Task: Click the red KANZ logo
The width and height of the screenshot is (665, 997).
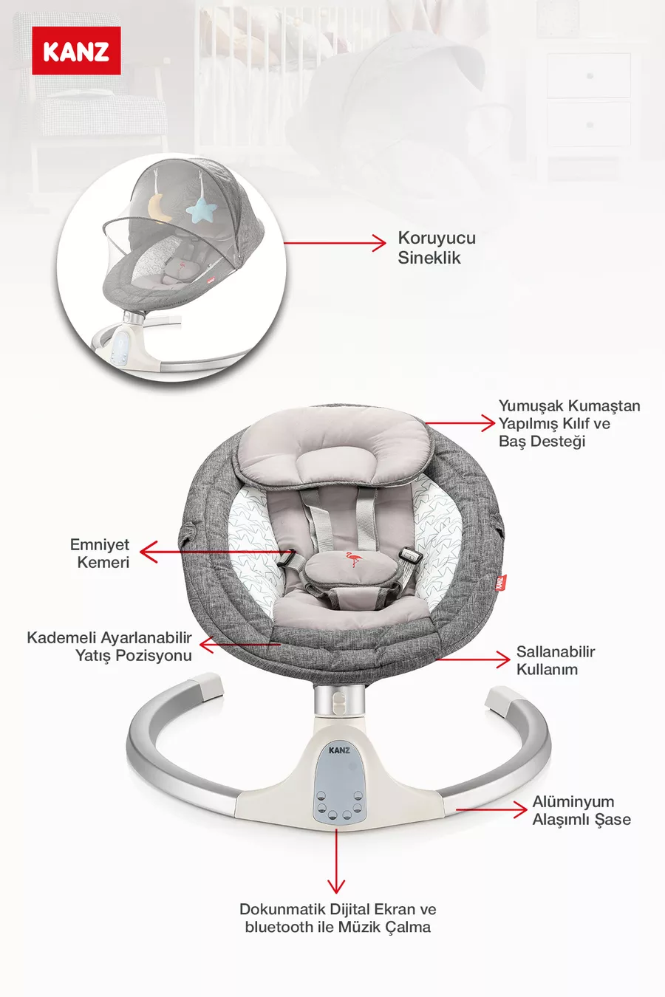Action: (x=76, y=51)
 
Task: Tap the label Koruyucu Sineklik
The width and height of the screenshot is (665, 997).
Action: (x=436, y=247)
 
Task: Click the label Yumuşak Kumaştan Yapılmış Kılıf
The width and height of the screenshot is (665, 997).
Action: (x=568, y=423)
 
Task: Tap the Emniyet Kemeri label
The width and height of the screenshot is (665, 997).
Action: (x=100, y=553)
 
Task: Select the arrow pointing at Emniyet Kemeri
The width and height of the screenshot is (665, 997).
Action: (x=214, y=551)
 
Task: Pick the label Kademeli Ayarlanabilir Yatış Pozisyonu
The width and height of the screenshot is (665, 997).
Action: (x=109, y=646)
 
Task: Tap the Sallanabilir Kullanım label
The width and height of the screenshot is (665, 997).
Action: (x=555, y=660)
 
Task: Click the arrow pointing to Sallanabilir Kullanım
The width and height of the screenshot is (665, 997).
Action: (x=473, y=659)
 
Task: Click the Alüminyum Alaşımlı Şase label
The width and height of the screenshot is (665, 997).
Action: (x=581, y=810)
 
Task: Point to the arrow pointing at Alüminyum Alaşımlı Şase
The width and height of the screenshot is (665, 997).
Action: (x=491, y=809)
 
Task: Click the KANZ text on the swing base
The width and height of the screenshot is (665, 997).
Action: (x=339, y=750)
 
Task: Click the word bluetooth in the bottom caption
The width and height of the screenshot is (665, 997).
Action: (x=279, y=927)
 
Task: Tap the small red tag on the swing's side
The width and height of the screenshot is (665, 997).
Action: (x=501, y=582)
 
